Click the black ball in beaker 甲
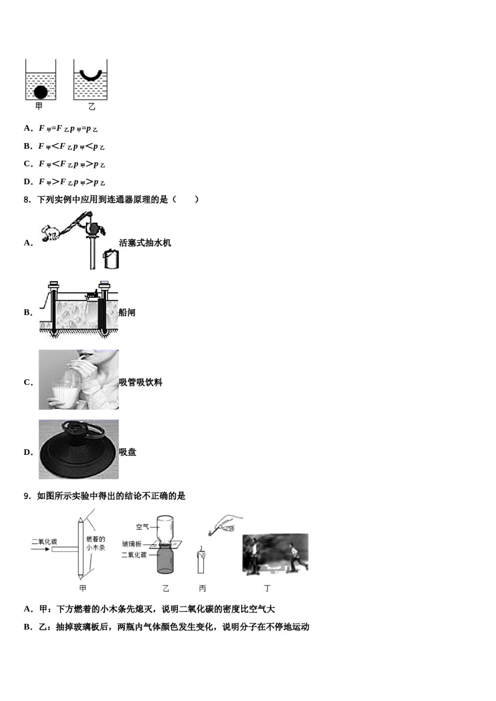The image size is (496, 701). pos(41,92)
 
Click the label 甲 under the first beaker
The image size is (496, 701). pos(39,107)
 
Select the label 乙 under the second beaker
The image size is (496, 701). pos(92,107)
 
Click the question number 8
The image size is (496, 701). pos(27,199)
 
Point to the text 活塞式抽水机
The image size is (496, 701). pos(145,243)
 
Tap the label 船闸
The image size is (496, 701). pos(127,312)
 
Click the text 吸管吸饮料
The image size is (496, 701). pos(140,382)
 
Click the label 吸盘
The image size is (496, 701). pos(127,452)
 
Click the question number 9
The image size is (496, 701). pos(27,496)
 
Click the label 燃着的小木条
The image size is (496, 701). pos(96,543)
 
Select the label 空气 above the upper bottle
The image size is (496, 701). pos(143,527)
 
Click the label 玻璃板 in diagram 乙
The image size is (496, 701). pos(132,544)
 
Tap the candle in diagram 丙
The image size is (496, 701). pos(200,562)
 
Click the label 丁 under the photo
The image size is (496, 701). pos(267,588)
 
